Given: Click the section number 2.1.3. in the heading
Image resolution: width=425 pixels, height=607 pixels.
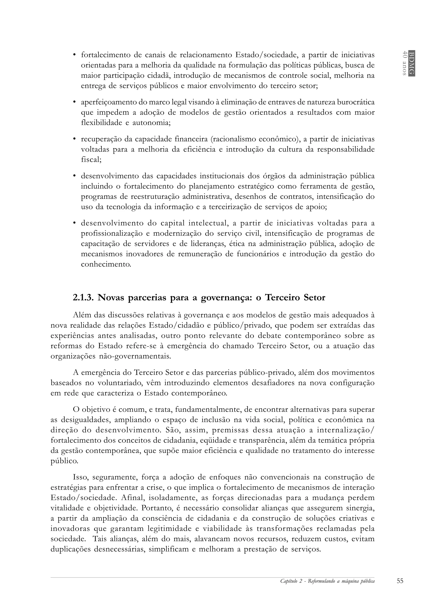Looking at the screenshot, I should (x=83, y=298).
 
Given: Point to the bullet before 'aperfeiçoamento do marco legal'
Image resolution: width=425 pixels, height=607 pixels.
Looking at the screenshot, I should (x=74, y=102).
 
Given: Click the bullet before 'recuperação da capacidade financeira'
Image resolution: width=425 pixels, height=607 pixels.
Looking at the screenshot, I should (x=74, y=139).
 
